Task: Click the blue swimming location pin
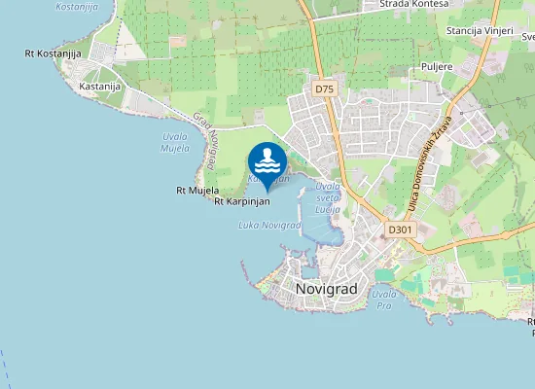pos(267,163)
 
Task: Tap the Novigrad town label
pos(327,289)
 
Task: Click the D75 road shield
pos(324,88)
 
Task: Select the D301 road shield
pos(400,230)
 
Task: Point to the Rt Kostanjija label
pos(53,53)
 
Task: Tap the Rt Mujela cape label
pos(197,191)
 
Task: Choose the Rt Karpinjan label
pos(241,202)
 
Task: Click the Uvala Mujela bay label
pos(175,143)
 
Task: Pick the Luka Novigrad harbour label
pos(269,226)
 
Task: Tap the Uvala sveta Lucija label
pos(328,195)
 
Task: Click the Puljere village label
pos(438,66)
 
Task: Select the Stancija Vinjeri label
pos(478,31)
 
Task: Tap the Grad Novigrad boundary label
pos(205,141)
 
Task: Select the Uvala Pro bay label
pos(383,299)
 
